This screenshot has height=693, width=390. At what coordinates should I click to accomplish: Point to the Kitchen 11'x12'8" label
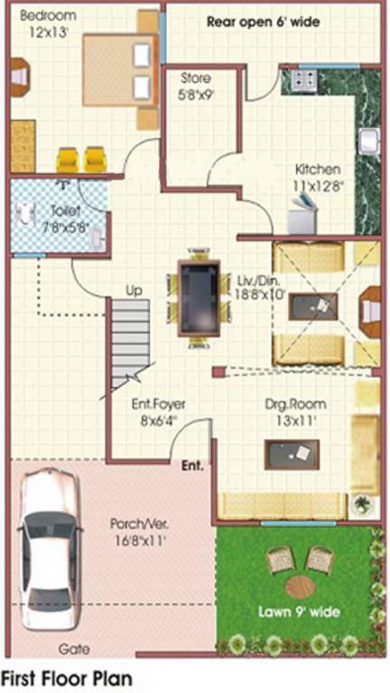[x=318, y=177]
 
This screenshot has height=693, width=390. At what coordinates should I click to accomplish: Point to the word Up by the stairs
[x=134, y=291]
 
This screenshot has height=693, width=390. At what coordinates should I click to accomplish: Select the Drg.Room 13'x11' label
[x=295, y=411]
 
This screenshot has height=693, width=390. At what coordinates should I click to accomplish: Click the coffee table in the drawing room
[x=292, y=453]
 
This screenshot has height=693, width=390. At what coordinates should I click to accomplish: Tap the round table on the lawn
[x=299, y=587]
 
